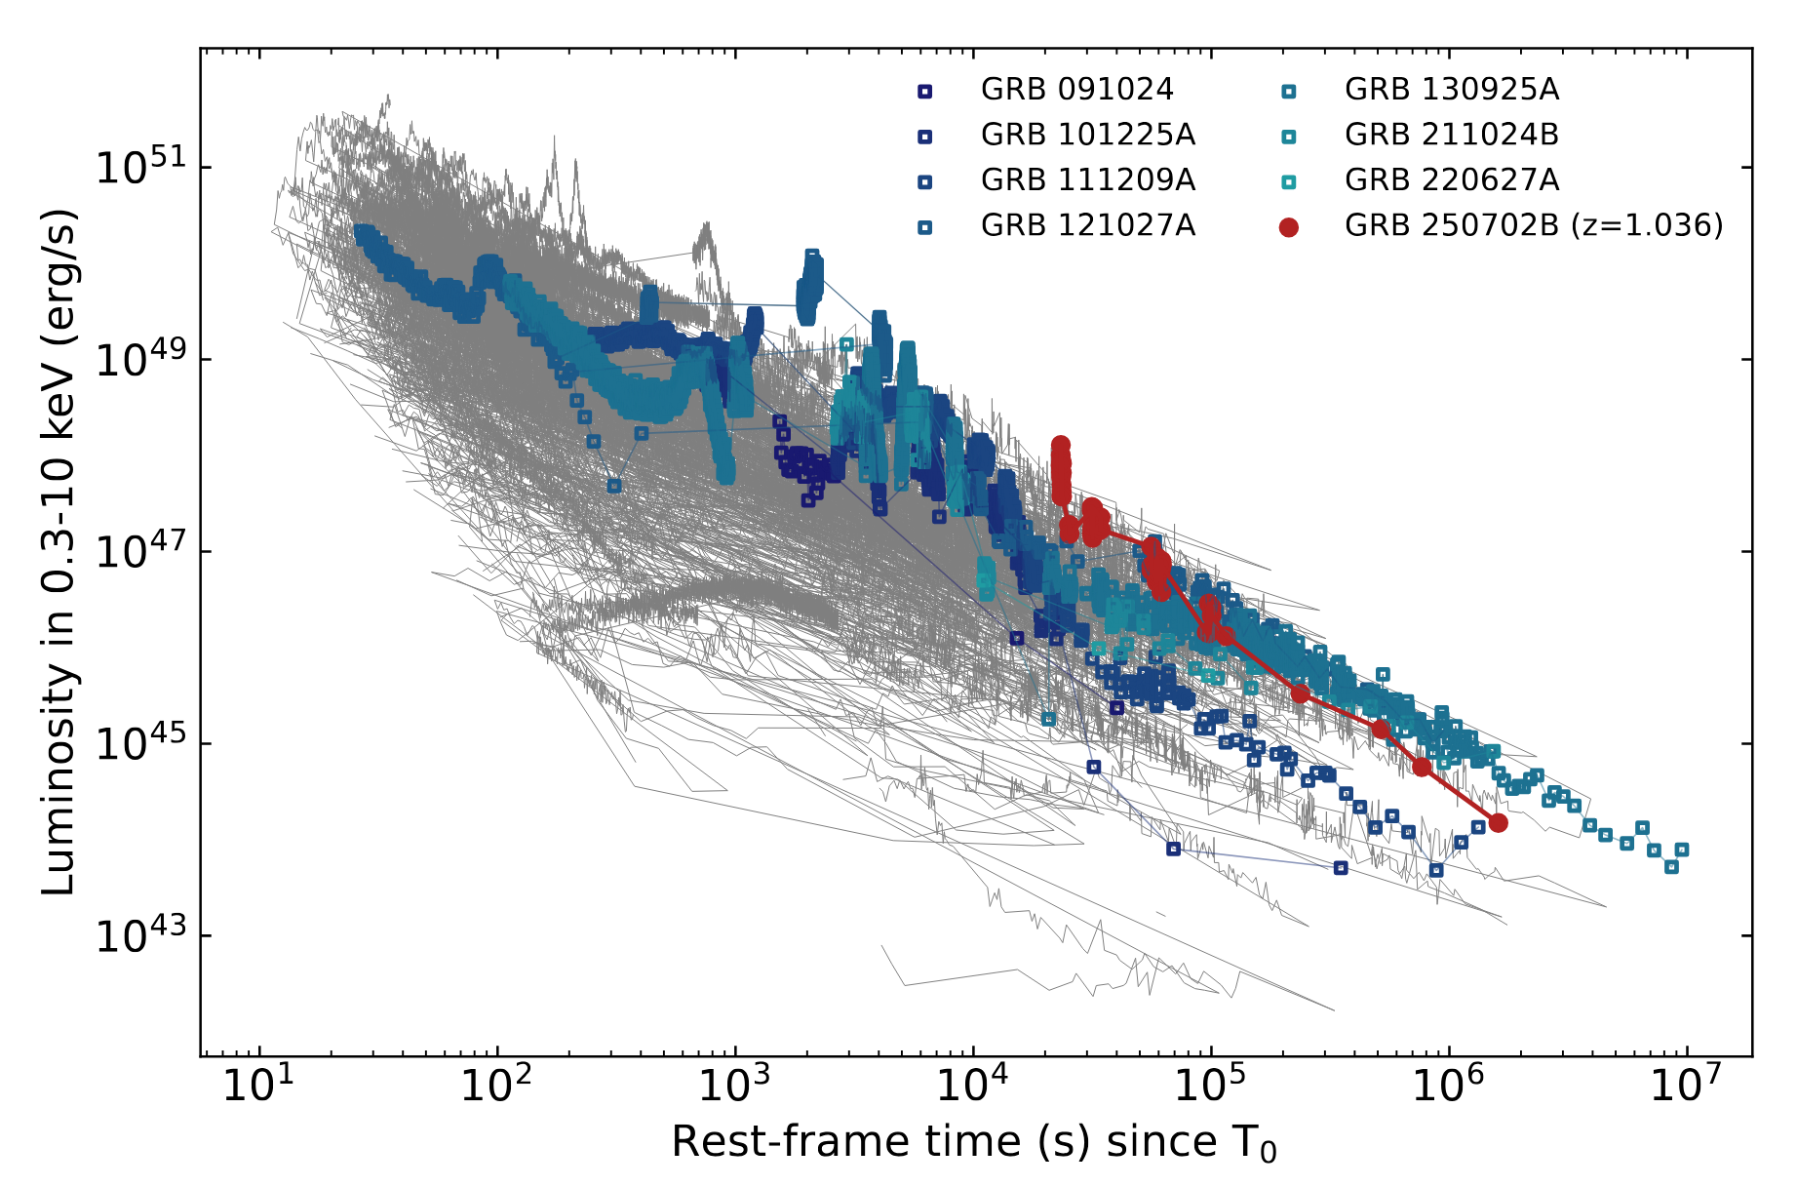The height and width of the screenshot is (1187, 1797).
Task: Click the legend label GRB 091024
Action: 1076,90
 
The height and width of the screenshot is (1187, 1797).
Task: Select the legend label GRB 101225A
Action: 1087,135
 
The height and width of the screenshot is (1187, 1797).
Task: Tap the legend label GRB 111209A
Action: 1087,180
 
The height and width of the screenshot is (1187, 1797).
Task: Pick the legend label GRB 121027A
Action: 1087,225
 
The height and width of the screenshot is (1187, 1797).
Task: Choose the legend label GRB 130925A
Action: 1452,90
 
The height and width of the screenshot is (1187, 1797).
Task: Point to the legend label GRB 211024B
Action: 1452,135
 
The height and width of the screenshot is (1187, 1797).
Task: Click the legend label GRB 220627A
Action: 1452,180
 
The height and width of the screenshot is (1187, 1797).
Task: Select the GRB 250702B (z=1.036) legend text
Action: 1534,225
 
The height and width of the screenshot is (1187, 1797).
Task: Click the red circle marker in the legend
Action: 1289,227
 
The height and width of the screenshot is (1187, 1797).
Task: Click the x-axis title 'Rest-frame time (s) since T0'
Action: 973,1142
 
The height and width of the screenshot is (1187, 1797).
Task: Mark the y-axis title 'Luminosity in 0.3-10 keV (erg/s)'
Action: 59,552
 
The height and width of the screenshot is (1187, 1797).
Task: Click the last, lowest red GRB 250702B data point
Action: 1499,823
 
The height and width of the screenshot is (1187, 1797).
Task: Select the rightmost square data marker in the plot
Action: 1682,851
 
